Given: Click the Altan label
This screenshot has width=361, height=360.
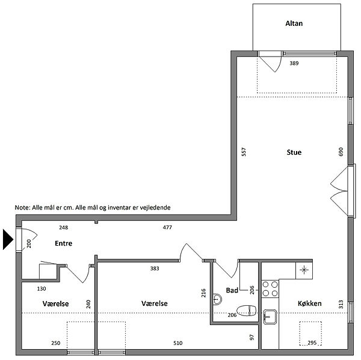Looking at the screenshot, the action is (x=294, y=23).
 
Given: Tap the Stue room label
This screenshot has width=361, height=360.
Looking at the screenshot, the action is (x=294, y=152).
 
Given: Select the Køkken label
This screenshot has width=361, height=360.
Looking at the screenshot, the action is (x=310, y=303).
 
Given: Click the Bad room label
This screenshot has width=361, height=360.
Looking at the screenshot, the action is (x=232, y=290).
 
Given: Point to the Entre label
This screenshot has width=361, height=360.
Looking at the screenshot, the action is (x=64, y=243).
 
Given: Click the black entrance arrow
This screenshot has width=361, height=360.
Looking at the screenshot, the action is (x=7, y=240).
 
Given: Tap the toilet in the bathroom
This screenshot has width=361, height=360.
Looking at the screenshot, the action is (x=247, y=311).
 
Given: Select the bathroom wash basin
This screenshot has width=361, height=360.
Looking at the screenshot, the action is (x=217, y=299).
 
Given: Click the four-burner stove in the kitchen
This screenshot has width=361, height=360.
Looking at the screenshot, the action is (x=270, y=289).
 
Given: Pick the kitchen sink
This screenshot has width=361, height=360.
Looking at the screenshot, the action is (x=270, y=317).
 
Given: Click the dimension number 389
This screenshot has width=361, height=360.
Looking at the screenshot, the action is (x=294, y=63).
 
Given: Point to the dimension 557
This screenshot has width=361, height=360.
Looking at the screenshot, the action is (x=244, y=152).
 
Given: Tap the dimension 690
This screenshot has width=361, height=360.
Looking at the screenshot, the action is (x=341, y=152).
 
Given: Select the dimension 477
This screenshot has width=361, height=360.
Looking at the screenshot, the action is (x=167, y=228).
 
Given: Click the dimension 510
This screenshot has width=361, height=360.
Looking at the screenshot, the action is (x=177, y=343).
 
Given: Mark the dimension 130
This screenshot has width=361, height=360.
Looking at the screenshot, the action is (x=42, y=288).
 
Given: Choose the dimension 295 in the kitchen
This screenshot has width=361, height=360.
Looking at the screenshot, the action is (x=312, y=343).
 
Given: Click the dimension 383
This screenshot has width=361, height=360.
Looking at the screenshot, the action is (x=155, y=268).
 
